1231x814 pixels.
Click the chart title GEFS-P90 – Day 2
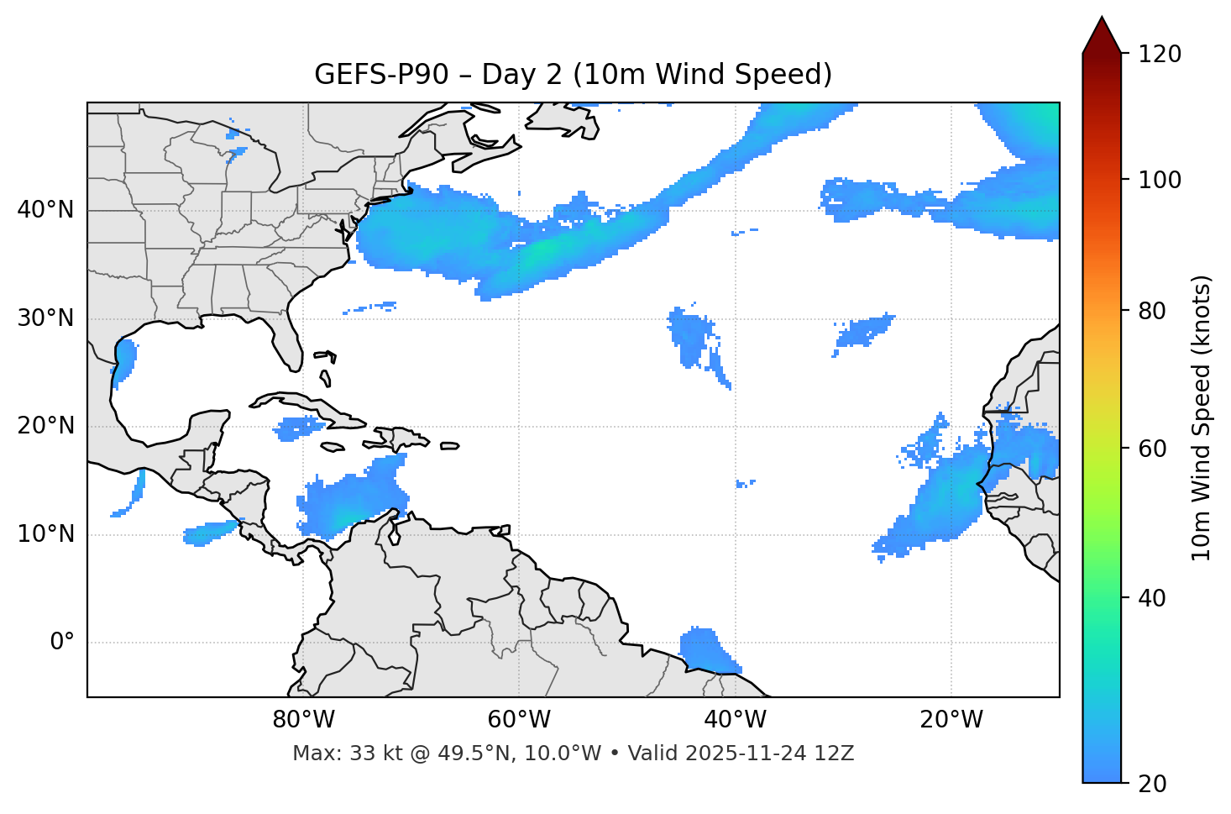(573, 75)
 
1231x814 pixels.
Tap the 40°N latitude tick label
(45, 210)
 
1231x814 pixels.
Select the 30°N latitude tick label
(45, 318)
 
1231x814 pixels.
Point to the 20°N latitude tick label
(45, 426)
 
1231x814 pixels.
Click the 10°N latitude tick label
(45, 534)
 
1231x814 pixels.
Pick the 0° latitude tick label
(62, 643)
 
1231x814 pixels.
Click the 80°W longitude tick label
(303, 720)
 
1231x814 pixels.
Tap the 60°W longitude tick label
(519, 720)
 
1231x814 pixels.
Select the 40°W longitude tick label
(736, 720)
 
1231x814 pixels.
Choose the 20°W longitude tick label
(951, 720)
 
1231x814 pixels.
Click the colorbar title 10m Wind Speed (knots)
(1202, 418)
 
